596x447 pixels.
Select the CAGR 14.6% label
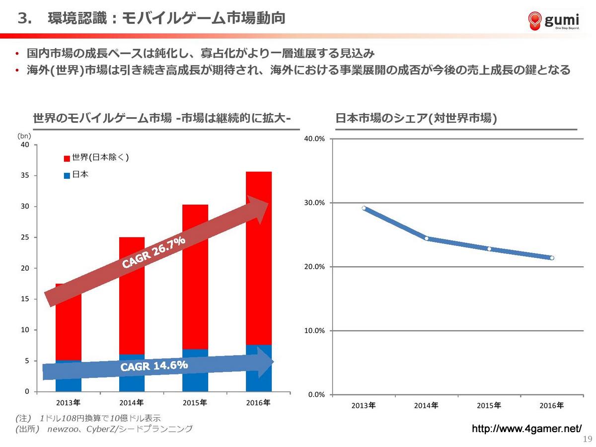click(154, 366)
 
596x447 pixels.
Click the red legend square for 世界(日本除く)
click(67, 158)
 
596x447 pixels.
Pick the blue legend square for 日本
click(67, 176)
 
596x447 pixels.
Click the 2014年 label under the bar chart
click(133, 402)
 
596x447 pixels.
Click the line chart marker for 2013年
click(364, 208)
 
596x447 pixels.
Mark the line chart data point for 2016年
click(552, 258)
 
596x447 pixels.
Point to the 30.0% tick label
click(314, 203)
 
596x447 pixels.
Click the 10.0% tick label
click(314, 331)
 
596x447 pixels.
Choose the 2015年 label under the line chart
click(489, 406)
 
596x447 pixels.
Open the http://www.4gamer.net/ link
click(526, 429)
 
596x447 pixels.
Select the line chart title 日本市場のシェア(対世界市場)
click(416, 119)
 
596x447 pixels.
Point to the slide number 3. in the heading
click(25, 19)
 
